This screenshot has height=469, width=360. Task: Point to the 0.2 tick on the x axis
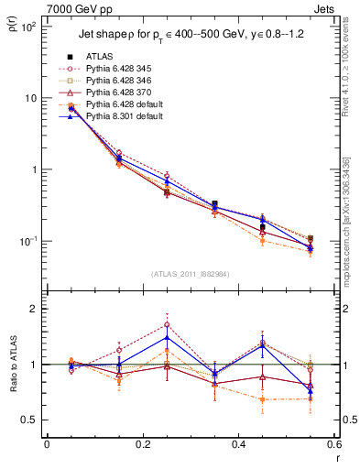pos(142,445)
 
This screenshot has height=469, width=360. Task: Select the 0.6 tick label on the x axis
pos(332,445)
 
